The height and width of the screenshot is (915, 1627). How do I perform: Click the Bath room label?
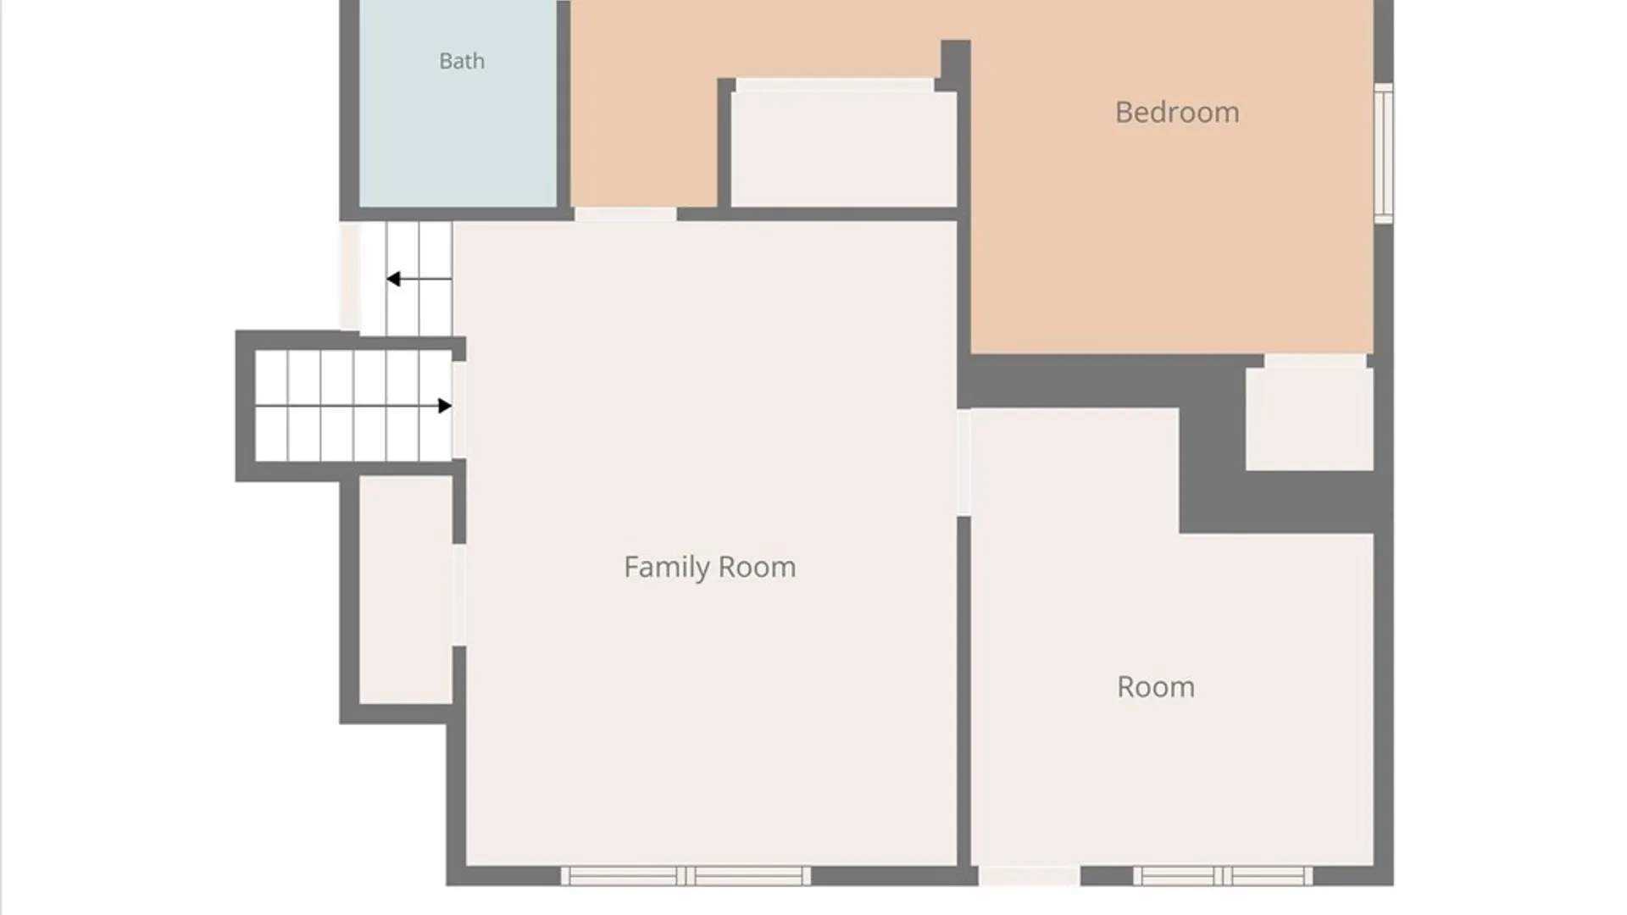tap(462, 61)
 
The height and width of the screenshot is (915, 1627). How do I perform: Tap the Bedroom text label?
tap(1177, 112)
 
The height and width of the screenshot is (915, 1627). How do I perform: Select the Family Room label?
tap(710, 567)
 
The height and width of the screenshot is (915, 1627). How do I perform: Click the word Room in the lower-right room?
tap(1156, 686)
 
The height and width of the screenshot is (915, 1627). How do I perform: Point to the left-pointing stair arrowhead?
tap(393, 279)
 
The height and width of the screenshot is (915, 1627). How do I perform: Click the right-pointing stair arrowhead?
tap(445, 406)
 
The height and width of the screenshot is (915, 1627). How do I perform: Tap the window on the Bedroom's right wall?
tap(1383, 153)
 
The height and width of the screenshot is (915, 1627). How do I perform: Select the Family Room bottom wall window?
tap(686, 876)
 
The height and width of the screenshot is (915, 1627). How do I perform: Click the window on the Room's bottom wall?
tap(1223, 876)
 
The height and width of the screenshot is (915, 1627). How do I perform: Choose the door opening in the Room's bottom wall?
tap(1030, 876)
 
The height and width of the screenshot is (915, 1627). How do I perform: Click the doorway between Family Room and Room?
tap(964, 463)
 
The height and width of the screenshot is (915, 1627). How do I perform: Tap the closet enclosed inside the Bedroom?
tap(844, 149)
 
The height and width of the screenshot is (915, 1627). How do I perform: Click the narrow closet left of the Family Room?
tap(406, 590)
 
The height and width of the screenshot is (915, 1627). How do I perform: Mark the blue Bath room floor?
tap(458, 103)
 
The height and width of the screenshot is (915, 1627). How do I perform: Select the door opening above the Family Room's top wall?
tap(625, 214)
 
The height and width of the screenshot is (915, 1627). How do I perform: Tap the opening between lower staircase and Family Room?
tap(458, 410)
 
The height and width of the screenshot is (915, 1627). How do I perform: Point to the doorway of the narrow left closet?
tap(458, 595)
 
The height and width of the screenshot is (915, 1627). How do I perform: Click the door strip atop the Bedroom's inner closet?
tap(835, 85)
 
